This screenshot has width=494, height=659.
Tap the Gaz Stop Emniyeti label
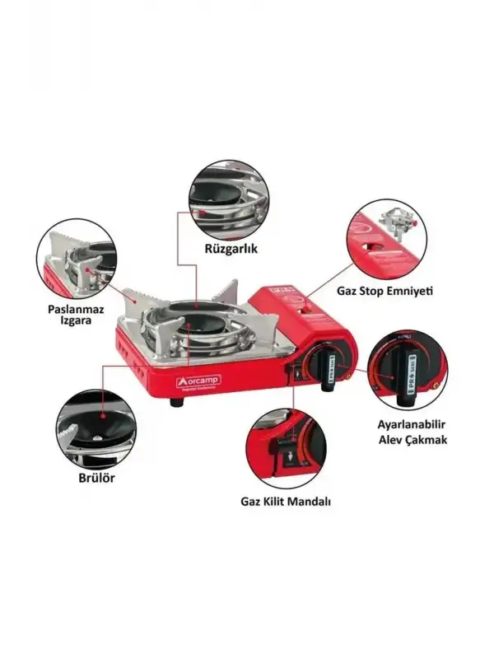tap(384, 291)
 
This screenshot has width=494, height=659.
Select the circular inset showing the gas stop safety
tap(384, 239)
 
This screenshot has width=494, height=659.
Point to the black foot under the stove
tap(177, 404)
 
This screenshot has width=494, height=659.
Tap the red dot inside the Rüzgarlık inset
tap(200, 213)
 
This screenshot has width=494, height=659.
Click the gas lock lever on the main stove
tap(294, 374)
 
